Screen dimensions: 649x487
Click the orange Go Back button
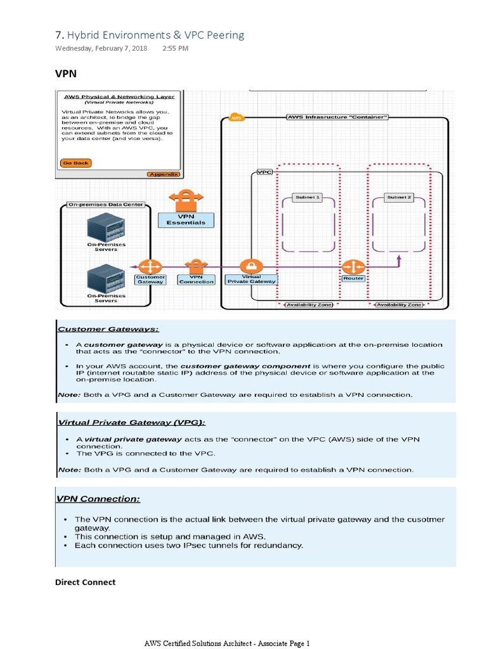click(76, 163)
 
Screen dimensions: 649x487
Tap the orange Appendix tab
click(164, 174)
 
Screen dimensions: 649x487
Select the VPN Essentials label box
click(186, 219)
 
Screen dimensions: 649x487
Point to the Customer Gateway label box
click(150, 280)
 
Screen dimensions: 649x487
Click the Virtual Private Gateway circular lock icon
click(251, 266)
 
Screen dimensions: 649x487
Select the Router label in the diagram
click(353, 278)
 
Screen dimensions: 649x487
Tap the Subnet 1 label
click(308, 198)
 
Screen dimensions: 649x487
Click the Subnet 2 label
click(399, 198)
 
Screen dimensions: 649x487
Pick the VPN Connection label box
click(196, 280)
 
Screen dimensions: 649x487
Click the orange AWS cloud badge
click(236, 118)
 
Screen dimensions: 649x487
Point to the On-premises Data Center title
click(106, 205)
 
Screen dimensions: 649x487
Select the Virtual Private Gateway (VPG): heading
click(132, 422)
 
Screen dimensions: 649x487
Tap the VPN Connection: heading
click(98, 499)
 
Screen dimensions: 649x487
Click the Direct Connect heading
click(85, 582)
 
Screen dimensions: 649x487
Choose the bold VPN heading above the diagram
click(66, 74)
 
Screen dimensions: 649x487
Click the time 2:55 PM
click(175, 48)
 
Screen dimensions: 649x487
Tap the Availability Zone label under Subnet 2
click(399, 305)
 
